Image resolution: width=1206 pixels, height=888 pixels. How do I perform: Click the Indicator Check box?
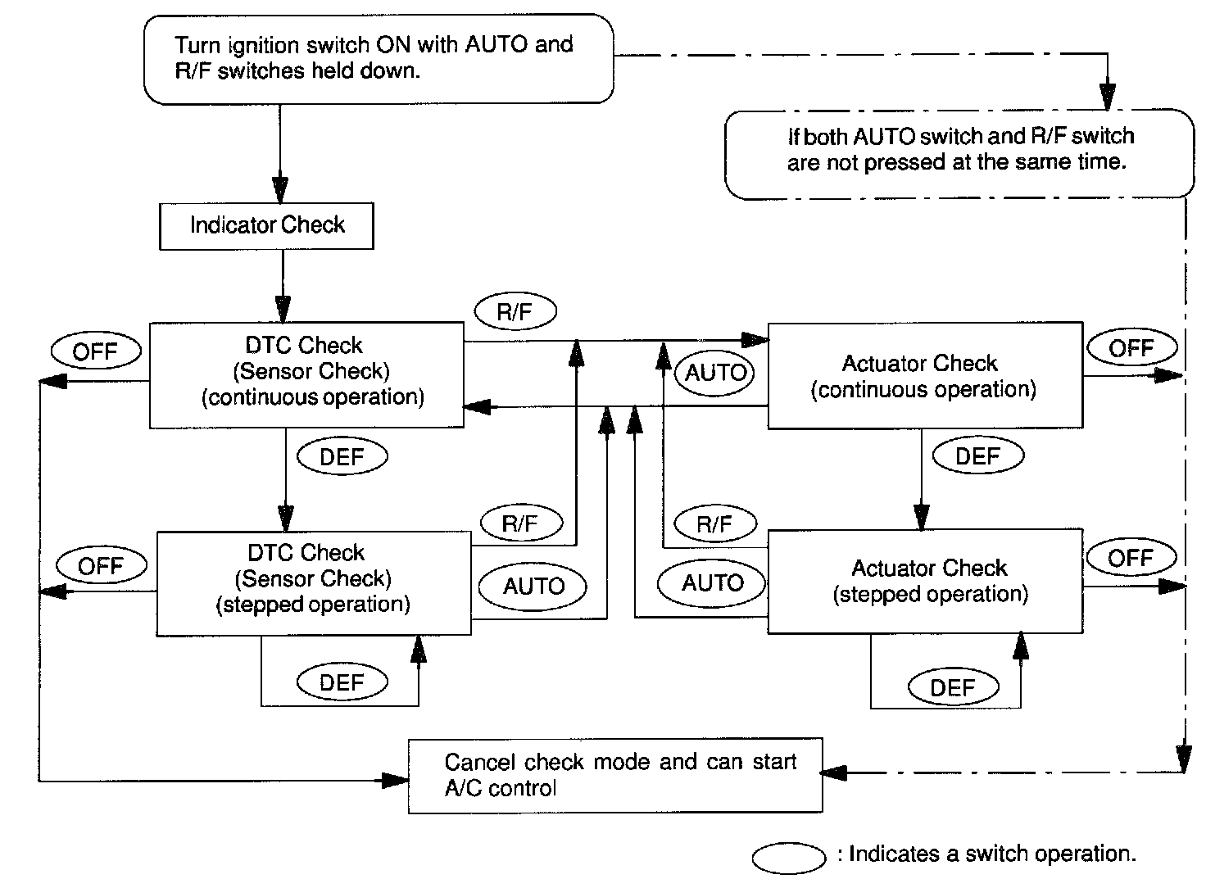point(266,226)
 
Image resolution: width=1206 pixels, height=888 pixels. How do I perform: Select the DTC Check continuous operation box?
point(306,374)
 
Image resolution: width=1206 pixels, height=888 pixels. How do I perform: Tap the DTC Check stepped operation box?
point(314,582)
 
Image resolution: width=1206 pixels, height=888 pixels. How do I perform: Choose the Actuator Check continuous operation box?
point(924,375)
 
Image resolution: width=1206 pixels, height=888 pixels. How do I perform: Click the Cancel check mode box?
point(614,775)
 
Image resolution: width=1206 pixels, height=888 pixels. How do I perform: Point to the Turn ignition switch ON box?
point(378,59)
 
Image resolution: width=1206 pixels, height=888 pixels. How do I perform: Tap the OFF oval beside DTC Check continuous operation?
point(95,351)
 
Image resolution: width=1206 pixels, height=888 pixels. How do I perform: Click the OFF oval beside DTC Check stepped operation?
point(101,565)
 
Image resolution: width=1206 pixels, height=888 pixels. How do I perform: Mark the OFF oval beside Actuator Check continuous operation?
point(1131,347)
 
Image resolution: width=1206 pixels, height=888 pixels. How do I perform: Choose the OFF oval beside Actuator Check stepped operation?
point(1131,558)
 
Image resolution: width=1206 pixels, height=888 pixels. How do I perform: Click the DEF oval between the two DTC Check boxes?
point(342,456)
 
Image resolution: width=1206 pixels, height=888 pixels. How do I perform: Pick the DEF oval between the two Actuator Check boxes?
point(977,455)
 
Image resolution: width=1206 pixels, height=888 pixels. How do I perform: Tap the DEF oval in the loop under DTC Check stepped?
point(342,682)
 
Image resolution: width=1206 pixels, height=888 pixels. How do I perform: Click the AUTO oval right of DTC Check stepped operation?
point(533,586)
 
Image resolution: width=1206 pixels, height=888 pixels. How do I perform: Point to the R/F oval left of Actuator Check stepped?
point(714,524)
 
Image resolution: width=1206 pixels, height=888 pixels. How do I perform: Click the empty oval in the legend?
point(788,858)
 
